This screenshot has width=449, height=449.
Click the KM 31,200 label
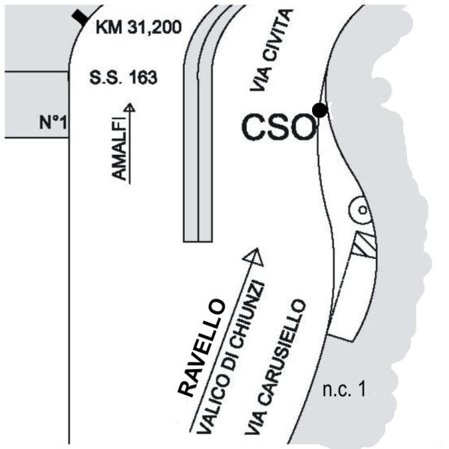pyautogui.click(x=138, y=28)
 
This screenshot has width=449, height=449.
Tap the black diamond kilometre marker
pyautogui.click(x=81, y=17)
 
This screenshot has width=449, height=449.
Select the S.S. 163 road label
pyautogui.click(x=123, y=78)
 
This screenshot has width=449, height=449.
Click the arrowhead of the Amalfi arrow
pyautogui.click(x=129, y=107)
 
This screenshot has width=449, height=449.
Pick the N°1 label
pyautogui.click(x=53, y=122)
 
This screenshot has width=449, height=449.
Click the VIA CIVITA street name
pyautogui.click(x=272, y=50)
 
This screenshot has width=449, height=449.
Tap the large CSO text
pyautogui.click(x=278, y=127)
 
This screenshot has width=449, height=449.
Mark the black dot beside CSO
pyautogui.click(x=320, y=110)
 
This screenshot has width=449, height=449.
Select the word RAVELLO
pyautogui.click(x=201, y=348)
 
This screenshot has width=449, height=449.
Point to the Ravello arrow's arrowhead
pyautogui.click(x=254, y=257)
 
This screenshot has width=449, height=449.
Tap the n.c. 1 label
pyautogui.click(x=344, y=390)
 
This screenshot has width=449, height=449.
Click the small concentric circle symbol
pyautogui.click(x=361, y=210)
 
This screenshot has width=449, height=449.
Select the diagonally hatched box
pyautogui.click(x=364, y=245)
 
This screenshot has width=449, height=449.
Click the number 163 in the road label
pyautogui.click(x=143, y=78)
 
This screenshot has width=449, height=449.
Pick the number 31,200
pyautogui.click(x=155, y=28)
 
